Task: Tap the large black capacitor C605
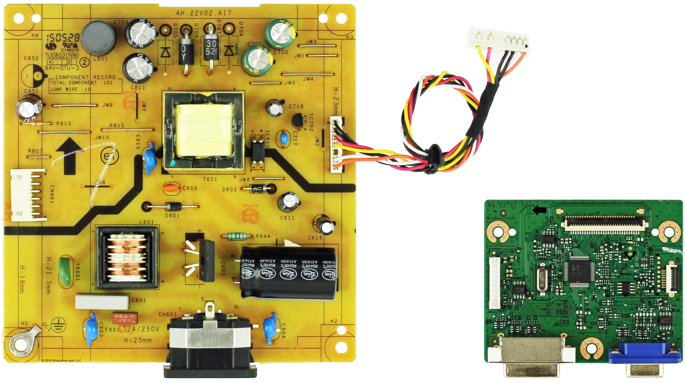point(288,272)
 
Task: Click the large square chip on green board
point(579,271)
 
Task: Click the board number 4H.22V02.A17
point(203,13)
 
